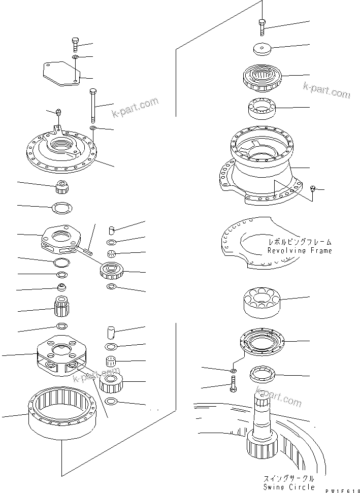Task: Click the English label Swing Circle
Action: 285,487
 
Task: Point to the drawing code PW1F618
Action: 337,487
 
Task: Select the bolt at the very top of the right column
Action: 261,25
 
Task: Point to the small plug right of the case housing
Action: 313,190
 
